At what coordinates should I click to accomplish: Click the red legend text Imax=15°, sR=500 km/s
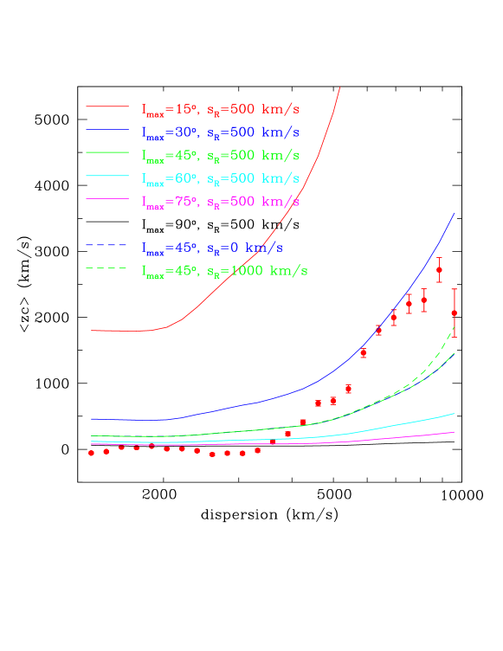click(x=221, y=110)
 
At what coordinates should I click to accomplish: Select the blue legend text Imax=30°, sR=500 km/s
click(x=221, y=132)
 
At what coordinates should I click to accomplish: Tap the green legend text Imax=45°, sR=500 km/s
click(x=221, y=156)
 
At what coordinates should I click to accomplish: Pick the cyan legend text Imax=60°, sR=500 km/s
click(x=221, y=178)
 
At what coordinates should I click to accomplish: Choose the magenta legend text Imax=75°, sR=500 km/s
click(x=221, y=202)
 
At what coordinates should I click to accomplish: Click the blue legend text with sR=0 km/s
click(x=212, y=248)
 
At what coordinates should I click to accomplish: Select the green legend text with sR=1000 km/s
click(x=224, y=271)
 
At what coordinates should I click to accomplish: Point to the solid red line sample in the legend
click(x=106, y=107)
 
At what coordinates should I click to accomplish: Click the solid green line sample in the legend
click(x=106, y=153)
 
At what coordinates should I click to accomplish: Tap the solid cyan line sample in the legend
click(x=106, y=176)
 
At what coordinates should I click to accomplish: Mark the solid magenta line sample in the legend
click(x=106, y=199)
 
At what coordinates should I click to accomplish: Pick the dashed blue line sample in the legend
click(x=106, y=245)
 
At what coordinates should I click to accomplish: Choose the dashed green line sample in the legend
click(x=106, y=268)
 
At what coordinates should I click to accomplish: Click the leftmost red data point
click(x=91, y=453)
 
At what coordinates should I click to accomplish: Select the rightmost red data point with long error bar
click(x=455, y=313)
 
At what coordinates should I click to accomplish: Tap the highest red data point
click(x=439, y=270)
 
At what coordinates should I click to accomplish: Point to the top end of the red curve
click(x=340, y=87)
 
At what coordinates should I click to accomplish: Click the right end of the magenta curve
click(x=455, y=432)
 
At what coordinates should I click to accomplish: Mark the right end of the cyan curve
click(x=455, y=414)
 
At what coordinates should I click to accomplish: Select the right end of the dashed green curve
click(x=455, y=328)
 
